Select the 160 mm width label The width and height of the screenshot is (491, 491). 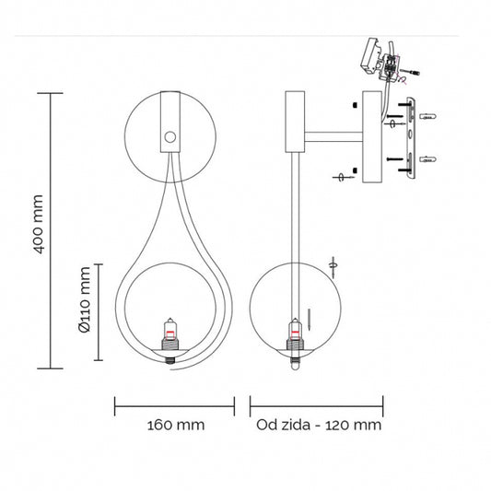pyautogui.click(x=175, y=425)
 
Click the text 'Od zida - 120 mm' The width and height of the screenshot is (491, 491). pyautogui.click(x=318, y=425)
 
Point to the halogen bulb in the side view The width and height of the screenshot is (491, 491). pyautogui.click(x=295, y=333)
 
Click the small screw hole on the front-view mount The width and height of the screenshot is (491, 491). pyautogui.click(x=170, y=137)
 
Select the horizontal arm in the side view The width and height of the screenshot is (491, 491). pyautogui.click(x=335, y=137)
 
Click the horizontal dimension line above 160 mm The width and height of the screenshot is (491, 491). pyautogui.click(x=175, y=403)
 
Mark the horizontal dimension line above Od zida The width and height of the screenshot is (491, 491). pyautogui.click(x=317, y=403)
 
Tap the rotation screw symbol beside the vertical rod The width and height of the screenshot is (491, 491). pyautogui.click(x=333, y=264)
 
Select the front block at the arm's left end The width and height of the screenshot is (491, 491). pyautogui.click(x=295, y=122)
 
